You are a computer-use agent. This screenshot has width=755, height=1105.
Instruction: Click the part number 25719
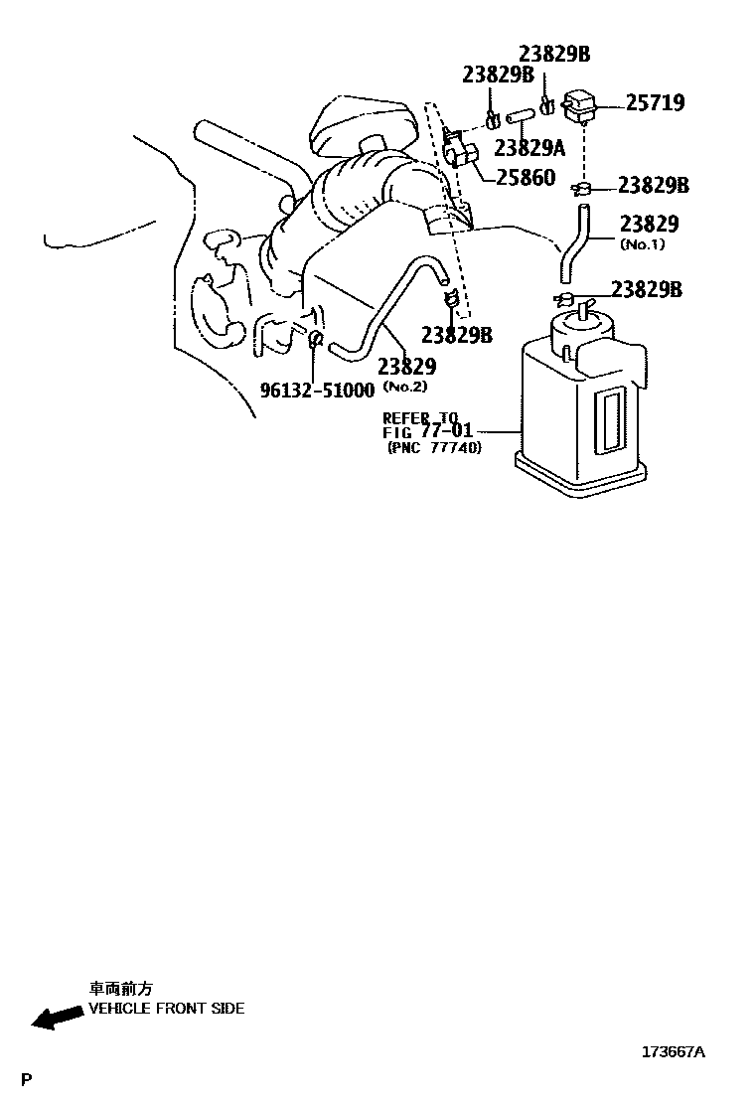(656, 102)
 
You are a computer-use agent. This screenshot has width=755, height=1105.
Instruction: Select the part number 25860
(528, 179)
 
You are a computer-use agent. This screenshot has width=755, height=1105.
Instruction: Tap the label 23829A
(529, 148)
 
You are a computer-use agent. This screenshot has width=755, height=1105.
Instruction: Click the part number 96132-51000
(317, 391)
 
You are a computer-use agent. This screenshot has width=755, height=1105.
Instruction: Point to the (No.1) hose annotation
(642, 244)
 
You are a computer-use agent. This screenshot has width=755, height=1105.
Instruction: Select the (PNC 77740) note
(434, 448)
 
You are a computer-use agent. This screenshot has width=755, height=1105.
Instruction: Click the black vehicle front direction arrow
(56, 1017)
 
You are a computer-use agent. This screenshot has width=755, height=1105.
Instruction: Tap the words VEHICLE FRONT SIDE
(166, 1008)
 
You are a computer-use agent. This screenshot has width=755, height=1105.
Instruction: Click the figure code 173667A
(673, 1052)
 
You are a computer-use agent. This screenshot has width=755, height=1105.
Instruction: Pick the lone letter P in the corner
(27, 1079)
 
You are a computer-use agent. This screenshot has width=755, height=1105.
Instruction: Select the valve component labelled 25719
(580, 102)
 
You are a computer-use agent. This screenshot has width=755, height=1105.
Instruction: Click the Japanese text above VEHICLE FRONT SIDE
(121, 989)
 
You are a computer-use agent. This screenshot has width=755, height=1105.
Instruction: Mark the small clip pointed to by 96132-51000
(315, 341)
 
